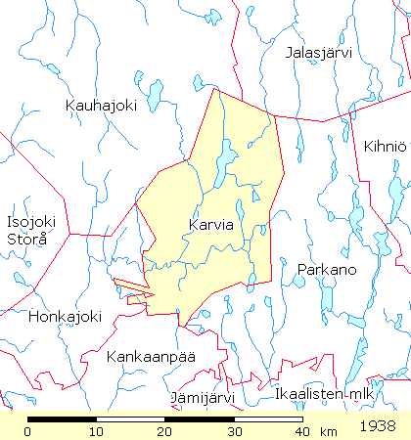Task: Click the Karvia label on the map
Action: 210,225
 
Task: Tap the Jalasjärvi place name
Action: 317,53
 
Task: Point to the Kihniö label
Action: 384,147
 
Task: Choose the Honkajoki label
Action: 66,316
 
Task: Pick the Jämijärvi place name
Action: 203,398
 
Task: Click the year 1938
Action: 378,427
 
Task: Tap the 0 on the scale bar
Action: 28,431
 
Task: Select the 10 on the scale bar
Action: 96,431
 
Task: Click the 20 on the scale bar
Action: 164,431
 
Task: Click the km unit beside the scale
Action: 328,431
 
